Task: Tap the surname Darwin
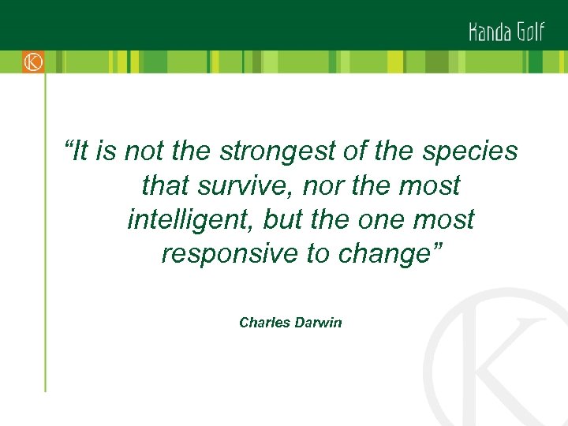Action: click(x=318, y=323)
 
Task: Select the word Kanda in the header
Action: click(x=491, y=32)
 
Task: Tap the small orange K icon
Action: click(x=33, y=62)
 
